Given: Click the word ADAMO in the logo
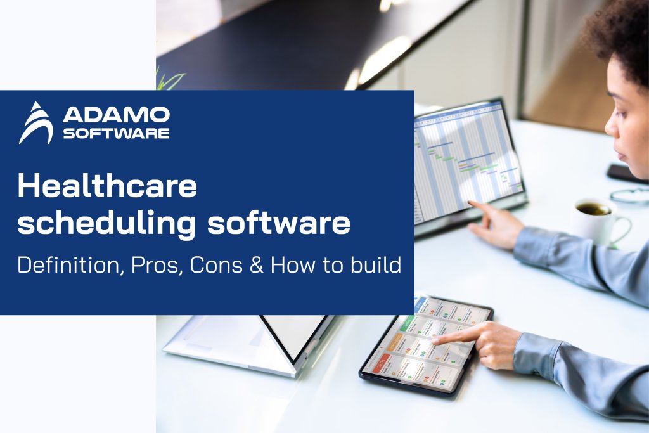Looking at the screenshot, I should pos(116,115).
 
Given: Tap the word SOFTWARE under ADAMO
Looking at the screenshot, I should pos(116,133).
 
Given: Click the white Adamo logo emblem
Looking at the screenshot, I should pos(35,123).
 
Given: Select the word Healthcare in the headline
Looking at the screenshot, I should pos(107,187).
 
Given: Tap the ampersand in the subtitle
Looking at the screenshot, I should pos(257,264).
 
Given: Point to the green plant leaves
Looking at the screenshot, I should pos(167,79).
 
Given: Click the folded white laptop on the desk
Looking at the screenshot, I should pos(247,342).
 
